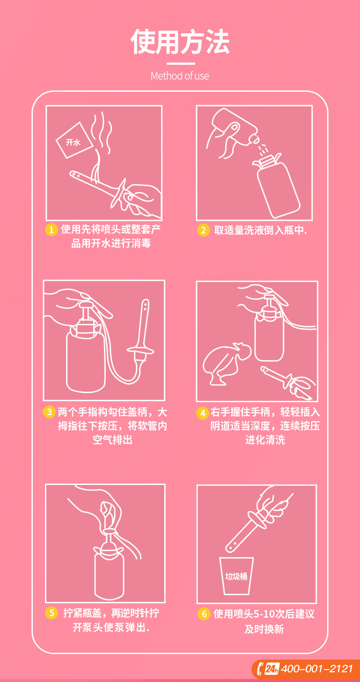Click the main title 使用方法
pyautogui.click(x=180, y=42)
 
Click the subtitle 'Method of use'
pyautogui.click(x=180, y=76)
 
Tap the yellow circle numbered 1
pyautogui.click(x=51, y=229)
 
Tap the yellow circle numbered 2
pyautogui.click(x=203, y=230)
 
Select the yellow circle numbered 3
pyautogui.click(x=49, y=412)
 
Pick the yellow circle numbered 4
pyautogui.click(x=202, y=413)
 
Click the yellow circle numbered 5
pyautogui.click(x=51, y=613)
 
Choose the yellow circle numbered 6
pyautogui.click(x=204, y=614)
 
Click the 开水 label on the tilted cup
pyautogui.click(x=73, y=142)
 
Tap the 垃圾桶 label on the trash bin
pyautogui.click(x=236, y=576)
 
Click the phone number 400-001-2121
pyautogui.click(x=317, y=669)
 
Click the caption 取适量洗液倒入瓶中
pyautogui.click(x=261, y=230)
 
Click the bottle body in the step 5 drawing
pyautogui.click(x=109, y=576)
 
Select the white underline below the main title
pyautogui.click(x=180, y=63)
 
